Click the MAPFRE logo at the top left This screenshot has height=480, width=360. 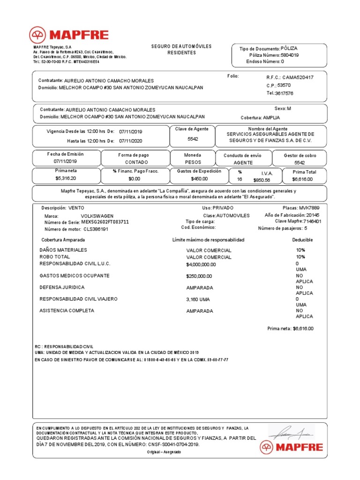69,35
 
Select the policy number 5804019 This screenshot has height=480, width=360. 290,55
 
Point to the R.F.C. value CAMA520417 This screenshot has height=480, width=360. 298,77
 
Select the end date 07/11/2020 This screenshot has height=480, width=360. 130,141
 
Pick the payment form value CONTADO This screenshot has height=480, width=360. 136,162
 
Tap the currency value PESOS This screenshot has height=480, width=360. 193,162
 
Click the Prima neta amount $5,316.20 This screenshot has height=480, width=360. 65,179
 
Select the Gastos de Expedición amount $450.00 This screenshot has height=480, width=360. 199,179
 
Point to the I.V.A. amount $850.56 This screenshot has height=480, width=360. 262,180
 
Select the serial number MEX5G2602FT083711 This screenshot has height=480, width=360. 105,222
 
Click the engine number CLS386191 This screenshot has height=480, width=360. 96,229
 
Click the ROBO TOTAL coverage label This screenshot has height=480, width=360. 55,257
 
